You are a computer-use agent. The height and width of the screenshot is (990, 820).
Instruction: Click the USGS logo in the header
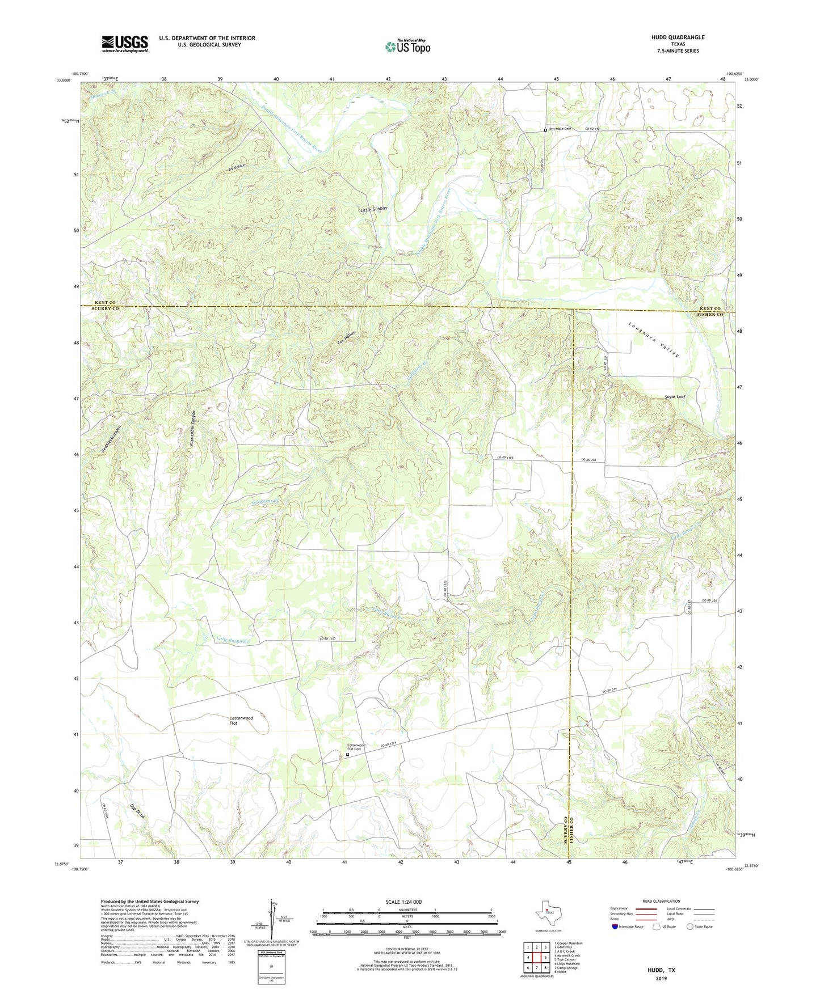(x=125, y=44)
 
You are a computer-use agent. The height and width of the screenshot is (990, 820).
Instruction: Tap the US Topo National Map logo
(x=407, y=46)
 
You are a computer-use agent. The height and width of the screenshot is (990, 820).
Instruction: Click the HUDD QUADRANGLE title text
(x=678, y=37)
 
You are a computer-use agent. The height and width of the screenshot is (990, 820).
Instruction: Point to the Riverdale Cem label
(x=560, y=129)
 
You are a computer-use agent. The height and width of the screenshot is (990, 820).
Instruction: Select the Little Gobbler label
(x=374, y=209)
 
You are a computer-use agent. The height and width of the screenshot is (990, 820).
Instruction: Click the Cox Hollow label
(x=347, y=337)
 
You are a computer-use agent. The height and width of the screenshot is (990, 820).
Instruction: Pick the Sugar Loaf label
(x=675, y=397)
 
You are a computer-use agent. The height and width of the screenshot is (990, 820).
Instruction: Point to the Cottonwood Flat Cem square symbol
(x=348, y=755)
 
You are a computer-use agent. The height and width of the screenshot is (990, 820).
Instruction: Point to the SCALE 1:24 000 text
(x=407, y=902)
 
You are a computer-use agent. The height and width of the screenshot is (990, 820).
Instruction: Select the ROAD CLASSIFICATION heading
(x=661, y=901)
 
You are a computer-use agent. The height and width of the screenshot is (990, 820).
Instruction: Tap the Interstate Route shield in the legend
(x=615, y=926)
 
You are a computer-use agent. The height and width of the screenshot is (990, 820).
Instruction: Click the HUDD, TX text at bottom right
(x=661, y=970)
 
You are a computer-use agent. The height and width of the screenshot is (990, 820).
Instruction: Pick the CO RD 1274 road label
(x=388, y=745)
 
